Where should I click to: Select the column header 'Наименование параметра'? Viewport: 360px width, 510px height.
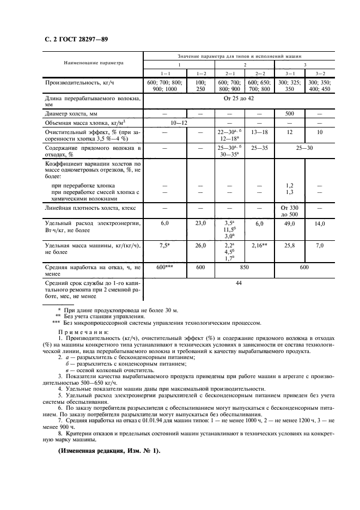[94, 63]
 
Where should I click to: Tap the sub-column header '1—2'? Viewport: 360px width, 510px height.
[201, 73]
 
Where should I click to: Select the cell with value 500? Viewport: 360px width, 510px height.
[290, 114]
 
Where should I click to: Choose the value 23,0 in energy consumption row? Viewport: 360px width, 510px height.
[201, 223]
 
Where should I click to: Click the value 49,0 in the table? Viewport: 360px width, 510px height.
[289, 223]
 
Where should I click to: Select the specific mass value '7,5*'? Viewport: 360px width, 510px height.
[165, 246]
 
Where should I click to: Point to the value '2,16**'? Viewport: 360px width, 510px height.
[259, 246]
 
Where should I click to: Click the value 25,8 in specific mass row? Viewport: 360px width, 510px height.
[289, 246]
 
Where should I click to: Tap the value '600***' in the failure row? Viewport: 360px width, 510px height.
[165, 268]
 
